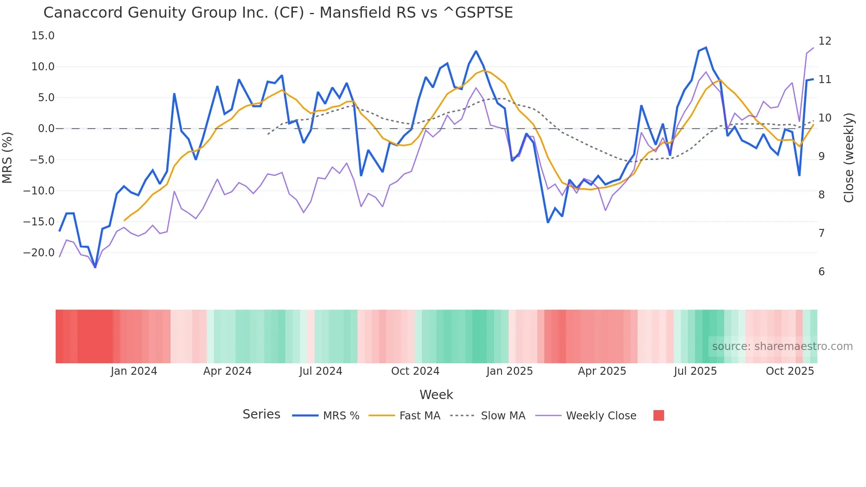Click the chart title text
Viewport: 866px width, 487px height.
[278, 13]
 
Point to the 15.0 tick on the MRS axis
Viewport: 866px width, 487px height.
[43, 36]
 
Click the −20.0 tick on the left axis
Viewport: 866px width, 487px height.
[39, 253]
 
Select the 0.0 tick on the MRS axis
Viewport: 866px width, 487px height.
[46, 129]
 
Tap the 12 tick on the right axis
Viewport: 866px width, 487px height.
[824, 41]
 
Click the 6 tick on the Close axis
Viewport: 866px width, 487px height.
[821, 272]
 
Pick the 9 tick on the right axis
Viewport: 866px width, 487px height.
[821, 156]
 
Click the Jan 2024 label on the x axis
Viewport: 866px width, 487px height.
[134, 371]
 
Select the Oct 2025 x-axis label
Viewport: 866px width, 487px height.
[790, 371]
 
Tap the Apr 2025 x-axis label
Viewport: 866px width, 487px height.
[602, 371]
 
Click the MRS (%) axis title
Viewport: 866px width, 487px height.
[8, 158]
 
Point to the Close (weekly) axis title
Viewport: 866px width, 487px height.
[849, 158]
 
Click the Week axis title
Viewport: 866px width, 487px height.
[436, 395]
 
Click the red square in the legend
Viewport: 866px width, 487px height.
[658, 415]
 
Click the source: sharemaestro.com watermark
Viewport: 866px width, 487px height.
[782, 346]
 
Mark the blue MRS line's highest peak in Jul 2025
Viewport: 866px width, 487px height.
[706, 48]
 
